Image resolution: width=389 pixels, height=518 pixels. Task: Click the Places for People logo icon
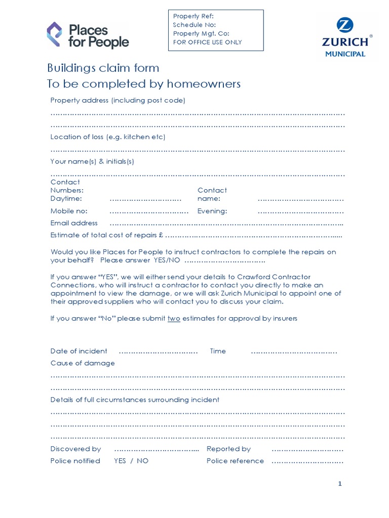click(54, 34)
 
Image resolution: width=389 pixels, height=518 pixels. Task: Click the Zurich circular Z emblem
click(345, 25)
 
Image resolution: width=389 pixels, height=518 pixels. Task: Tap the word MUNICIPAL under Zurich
click(345, 54)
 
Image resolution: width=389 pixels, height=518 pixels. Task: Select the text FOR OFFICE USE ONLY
click(207, 42)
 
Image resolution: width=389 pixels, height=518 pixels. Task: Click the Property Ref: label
click(193, 17)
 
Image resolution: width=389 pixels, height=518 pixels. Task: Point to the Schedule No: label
click(194, 25)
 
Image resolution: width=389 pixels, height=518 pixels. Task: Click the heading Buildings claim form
click(103, 68)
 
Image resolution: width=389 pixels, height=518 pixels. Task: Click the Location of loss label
click(108, 137)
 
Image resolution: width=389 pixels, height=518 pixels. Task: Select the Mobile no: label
click(69, 211)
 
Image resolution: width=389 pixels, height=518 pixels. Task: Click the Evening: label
click(212, 211)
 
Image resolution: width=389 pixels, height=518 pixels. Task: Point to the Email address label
click(74, 223)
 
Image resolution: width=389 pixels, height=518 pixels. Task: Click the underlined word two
click(174, 319)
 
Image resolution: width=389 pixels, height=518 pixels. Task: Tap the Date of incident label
click(79, 351)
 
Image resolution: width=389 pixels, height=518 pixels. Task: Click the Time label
click(218, 351)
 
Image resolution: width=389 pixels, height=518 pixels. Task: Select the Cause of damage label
click(83, 363)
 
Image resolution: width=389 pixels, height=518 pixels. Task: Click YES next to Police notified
click(120, 461)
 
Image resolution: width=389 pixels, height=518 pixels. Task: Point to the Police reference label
click(235, 461)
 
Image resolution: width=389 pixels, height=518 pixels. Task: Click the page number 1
click(340, 484)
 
